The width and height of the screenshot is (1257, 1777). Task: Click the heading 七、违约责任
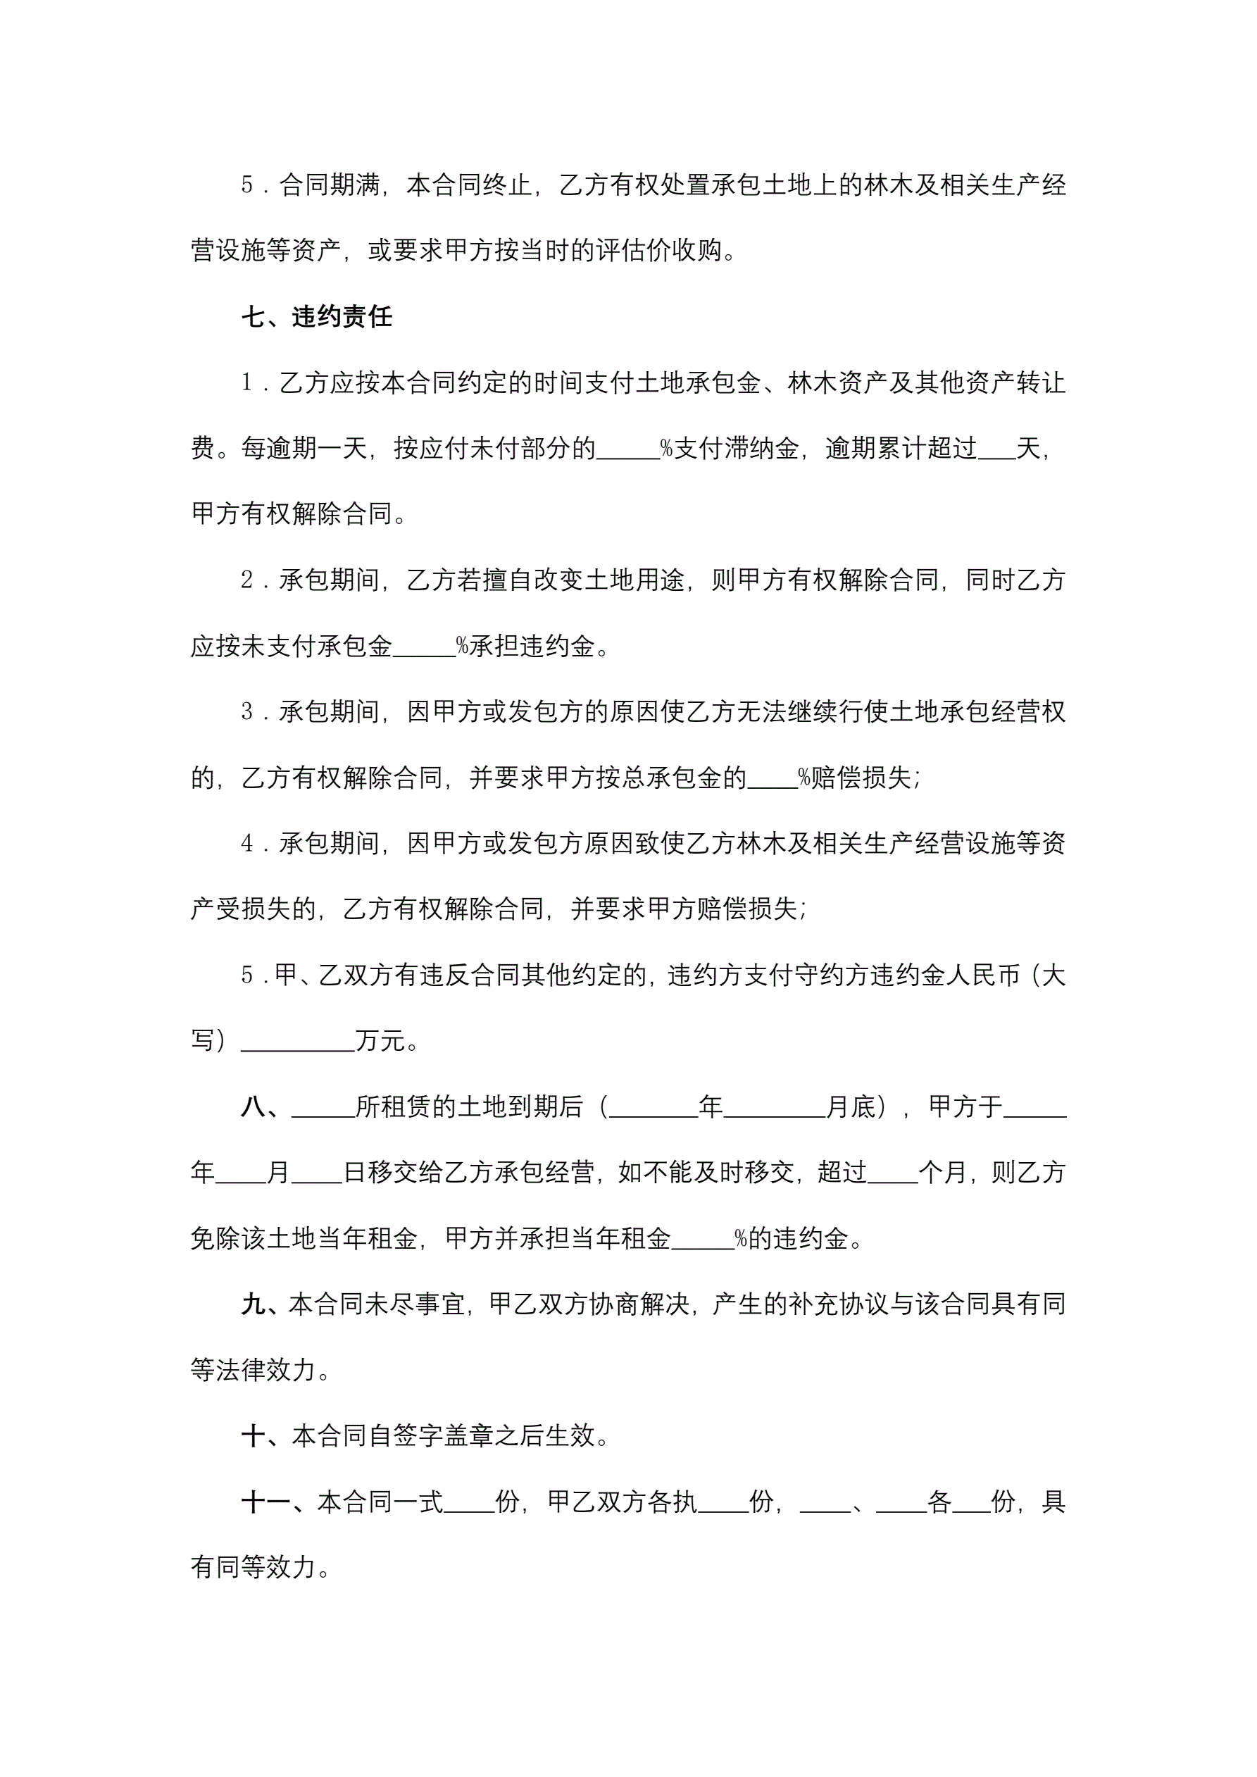pyautogui.click(x=317, y=316)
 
